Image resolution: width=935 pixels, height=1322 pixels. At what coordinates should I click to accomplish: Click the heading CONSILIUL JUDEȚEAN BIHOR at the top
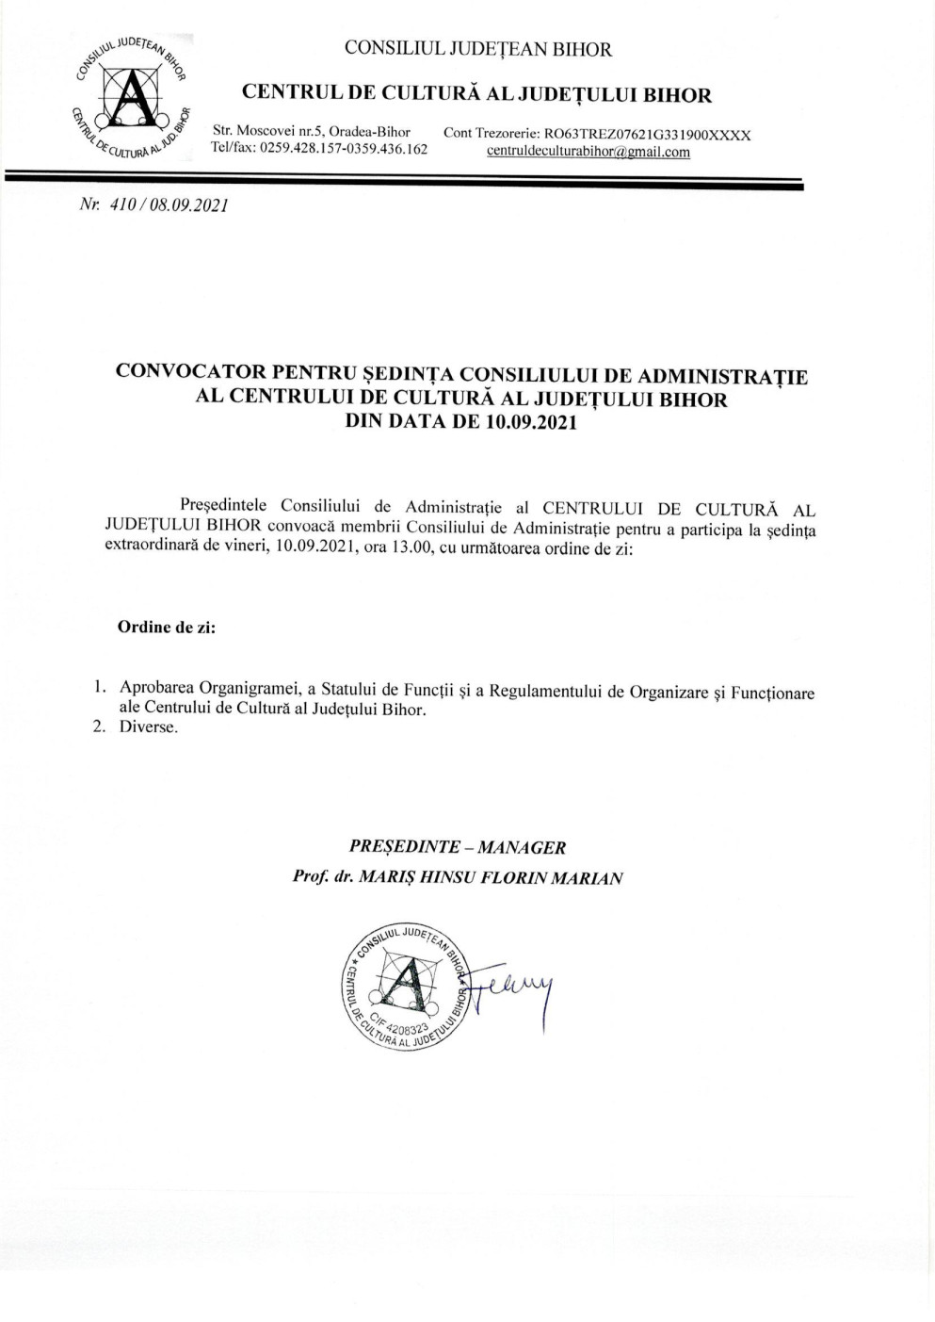tap(477, 49)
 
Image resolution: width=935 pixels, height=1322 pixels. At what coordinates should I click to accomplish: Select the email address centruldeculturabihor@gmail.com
tap(588, 152)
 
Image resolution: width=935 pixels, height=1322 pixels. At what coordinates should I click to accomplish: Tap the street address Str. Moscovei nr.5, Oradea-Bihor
tap(312, 131)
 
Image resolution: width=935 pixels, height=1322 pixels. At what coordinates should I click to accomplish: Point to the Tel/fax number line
tap(319, 149)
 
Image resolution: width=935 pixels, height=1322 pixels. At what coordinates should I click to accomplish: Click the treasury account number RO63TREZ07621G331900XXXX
tap(647, 134)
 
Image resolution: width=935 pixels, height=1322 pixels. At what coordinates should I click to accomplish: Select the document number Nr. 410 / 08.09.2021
tap(153, 204)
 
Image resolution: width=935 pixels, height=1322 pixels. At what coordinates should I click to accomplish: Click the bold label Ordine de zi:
tap(167, 627)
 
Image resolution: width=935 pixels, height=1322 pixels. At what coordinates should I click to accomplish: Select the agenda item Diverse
tap(148, 726)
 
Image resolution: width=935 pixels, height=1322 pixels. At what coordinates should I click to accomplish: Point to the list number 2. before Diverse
tap(98, 726)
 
